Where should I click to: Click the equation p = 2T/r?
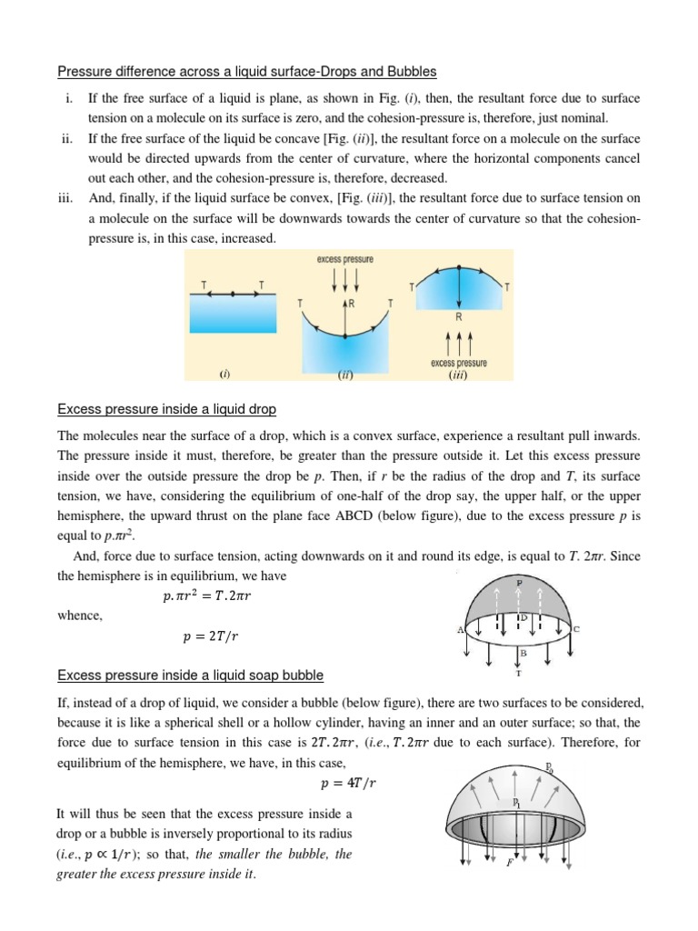pos(210,637)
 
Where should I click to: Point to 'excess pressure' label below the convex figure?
pos(458,364)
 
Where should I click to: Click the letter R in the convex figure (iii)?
pos(457,317)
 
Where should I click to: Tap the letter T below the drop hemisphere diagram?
pos(519,674)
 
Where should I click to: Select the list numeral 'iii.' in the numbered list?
pos(67,196)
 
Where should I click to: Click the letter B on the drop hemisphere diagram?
pos(523,653)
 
